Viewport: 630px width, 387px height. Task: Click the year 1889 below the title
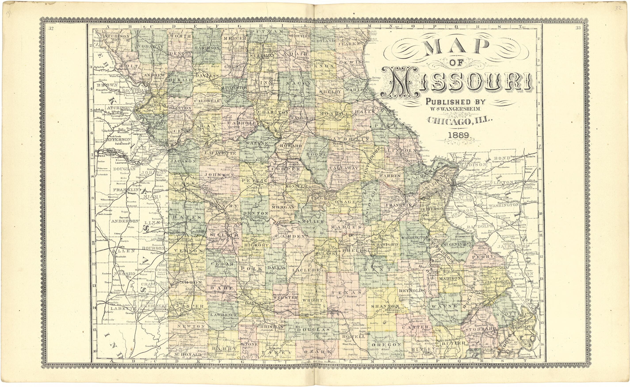point(459,135)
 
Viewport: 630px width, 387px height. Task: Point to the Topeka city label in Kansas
point(100,156)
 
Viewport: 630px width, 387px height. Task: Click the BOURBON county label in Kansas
point(153,248)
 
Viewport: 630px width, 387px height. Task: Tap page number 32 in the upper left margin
point(51,28)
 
